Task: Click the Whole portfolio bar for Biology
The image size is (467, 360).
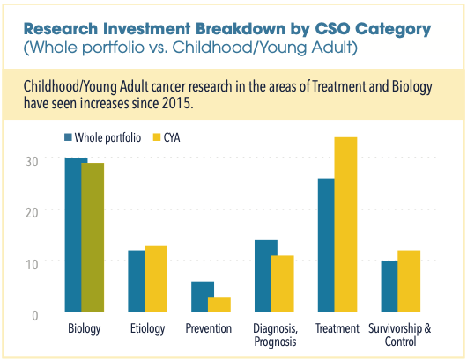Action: (x=73, y=235)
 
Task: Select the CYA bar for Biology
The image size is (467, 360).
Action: (x=93, y=238)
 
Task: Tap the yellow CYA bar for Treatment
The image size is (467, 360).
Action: (x=345, y=224)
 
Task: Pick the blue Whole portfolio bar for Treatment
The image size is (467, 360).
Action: (x=326, y=246)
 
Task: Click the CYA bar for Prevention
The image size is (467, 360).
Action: (x=219, y=305)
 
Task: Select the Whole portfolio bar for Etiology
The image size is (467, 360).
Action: (x=137, y=281)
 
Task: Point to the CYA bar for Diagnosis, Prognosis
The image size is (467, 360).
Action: (x=282, y=283)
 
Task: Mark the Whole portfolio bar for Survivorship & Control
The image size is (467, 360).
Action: (x=389, y=287)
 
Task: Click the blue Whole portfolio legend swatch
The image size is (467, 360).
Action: (x=68, y=137)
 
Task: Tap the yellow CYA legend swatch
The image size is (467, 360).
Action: (x=157, y=137)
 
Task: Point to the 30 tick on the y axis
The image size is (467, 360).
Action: (x=32, y=162)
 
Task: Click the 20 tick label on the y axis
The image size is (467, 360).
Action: (x=32, y=213)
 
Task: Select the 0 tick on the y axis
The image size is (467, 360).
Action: (x=35, y=316)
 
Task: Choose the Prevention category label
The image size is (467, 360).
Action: (x=209, y=328)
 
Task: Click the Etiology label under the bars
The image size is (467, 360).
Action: (x=147, y=329)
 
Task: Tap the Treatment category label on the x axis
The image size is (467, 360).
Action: (x=337, y=328)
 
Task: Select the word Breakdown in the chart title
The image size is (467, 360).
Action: (x=240, y=29)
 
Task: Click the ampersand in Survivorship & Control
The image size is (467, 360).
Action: (x=427, y=328)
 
